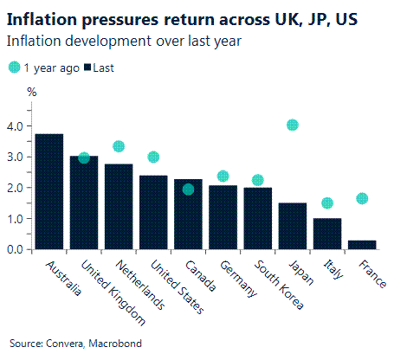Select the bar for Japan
pyautogui.click(x=292, y=227)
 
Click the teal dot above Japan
pyautogui.click(x=293, y=125)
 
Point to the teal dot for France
pyautogui.click(x=362, y=198)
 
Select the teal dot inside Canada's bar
pyautogui.click(x=188, y=190)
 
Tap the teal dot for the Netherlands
pyautogui.click(x=119, y=146)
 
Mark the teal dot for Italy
pyautogui.click(x=327, y=203)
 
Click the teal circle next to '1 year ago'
pyautogui.click(x=14, y=67)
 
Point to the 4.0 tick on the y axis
pyautogui.click(x=16, y=126)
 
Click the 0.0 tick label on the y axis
pyautogui.click(x=16, y=249)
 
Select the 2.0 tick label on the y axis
pyautogui.click(x=16, y=188)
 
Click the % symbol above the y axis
pyautogui.click(x=32, y=91)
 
